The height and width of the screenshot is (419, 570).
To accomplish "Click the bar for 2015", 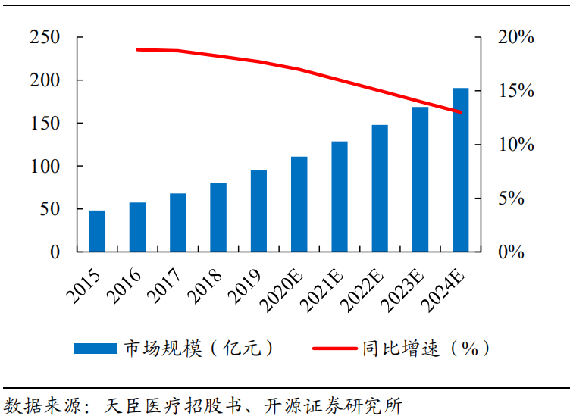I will [97, 231].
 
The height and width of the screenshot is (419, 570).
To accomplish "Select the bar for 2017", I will [178, 223].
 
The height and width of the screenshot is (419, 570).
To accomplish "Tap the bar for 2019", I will [258, 211].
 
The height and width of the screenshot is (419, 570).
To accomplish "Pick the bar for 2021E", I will [340, 197].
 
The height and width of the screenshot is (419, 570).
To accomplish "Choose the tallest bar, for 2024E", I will [460, 170].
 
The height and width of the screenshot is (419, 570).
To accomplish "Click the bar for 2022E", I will [380, 189].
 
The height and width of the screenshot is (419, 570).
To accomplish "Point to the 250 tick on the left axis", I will [45, 37].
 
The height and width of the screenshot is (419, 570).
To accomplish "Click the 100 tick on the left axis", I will [45, 166].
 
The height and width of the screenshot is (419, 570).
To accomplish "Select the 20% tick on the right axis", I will [516, 37].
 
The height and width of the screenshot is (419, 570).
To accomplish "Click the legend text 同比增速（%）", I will [424, 349].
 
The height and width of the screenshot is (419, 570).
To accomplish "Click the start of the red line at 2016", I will [138, 49].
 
